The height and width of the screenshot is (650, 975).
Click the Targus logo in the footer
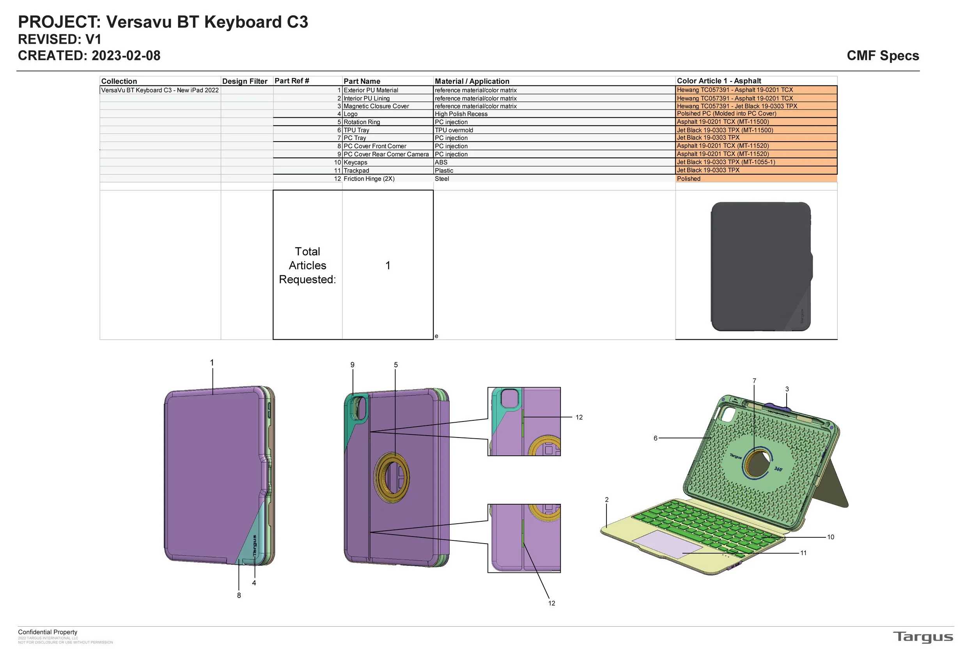pyautogui.click(x=923, y=637)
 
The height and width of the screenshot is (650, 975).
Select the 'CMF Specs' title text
pyautogui.click(x=883, y=55)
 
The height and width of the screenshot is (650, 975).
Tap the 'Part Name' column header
pyautogui.click(x=362, y=81)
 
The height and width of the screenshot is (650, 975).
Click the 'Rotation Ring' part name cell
pyautogui.click(x=362, y=122)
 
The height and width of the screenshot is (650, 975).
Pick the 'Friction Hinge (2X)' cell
pyautogui.click(x=369, y=179)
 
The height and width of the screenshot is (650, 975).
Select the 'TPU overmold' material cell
pyautogui.click(x=454, y=130)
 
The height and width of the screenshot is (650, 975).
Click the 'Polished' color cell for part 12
pyautogui.click(x=689, y=179)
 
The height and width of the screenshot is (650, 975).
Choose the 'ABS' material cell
pyautogui.click(x=441, y=163)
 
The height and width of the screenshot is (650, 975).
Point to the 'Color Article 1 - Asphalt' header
pyautogui.click(x=719, y=81)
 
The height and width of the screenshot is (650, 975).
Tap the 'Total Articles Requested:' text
pyautogui.click(x=307, y=265)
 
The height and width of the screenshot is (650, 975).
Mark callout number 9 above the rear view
pyautogui.click(x=352, y=365)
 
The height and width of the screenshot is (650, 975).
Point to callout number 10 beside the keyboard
pyautogui.click(x=830, y=537)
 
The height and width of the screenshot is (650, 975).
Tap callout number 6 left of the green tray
pyautogui.click(x=655, y=438)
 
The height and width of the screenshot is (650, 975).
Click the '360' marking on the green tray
pyautogui.click(x=778, y=469)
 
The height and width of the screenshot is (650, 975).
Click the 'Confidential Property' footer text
pyautogui.click(x=48, y=632)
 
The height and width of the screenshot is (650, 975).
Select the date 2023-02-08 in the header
pyautogui.click(x=126, y=55)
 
